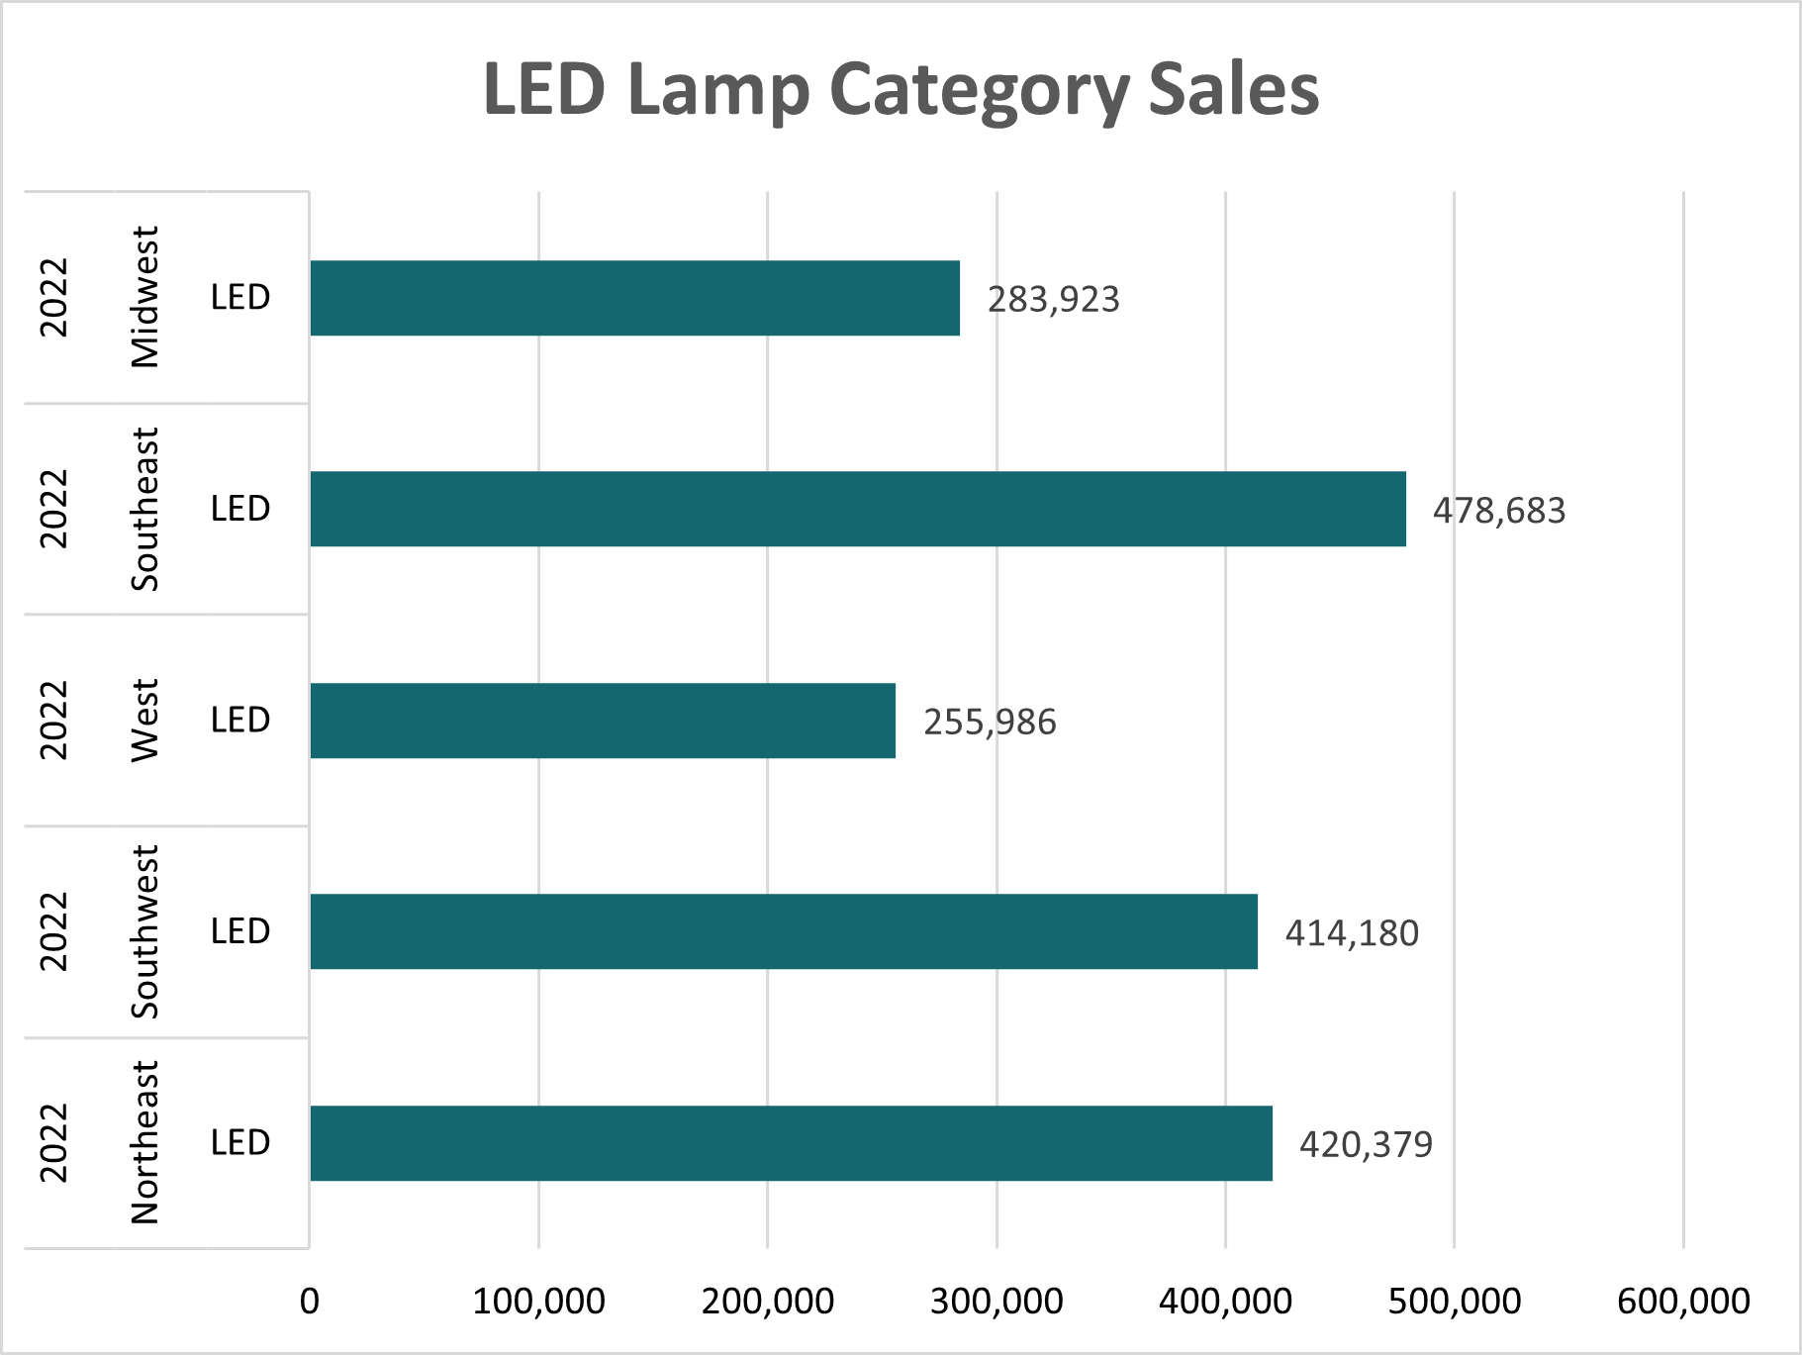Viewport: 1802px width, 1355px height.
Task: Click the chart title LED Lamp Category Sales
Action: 901,89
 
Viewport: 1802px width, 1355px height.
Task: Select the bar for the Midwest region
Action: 634,298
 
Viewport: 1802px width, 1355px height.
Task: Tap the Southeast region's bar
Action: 857,509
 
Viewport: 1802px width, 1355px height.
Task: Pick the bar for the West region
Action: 603,721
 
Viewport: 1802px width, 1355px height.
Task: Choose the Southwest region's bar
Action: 783,931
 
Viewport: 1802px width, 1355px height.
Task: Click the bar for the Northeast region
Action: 791,1143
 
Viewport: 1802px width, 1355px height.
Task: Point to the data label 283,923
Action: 1053,299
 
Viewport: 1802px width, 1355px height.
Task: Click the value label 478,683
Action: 1499,511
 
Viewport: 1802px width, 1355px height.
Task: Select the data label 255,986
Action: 990,723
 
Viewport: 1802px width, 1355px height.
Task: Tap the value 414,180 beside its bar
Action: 1352,933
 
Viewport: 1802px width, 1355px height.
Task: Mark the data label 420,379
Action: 1366,1145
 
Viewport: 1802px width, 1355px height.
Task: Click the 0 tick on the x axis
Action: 310,1301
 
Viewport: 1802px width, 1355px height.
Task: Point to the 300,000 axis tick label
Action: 996,1301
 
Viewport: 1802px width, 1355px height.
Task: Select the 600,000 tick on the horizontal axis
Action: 1683,1301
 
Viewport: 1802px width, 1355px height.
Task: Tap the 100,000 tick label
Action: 538,1301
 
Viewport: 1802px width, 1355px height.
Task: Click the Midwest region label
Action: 144,297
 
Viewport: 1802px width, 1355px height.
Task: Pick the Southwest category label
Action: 144,931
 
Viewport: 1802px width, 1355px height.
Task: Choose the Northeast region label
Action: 144,1142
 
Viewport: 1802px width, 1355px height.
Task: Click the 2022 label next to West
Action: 53,721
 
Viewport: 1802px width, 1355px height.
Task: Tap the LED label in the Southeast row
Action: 240,509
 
